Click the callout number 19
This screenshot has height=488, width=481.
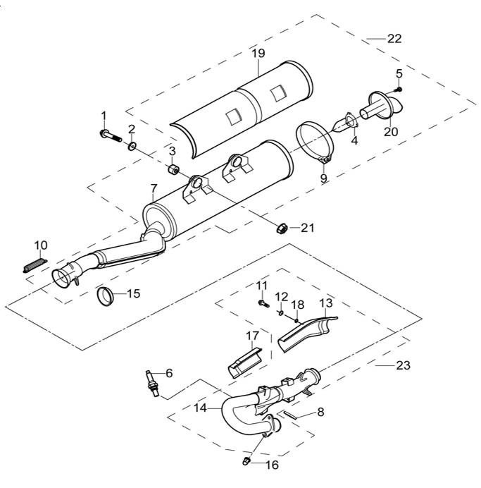(258, 53)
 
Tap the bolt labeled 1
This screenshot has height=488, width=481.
(111, 136)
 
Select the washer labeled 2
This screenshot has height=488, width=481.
(132, 146)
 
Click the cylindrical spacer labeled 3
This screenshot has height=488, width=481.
(173, 170)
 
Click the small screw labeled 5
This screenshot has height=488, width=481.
(398, 90)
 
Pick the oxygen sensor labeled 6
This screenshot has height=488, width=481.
(152, 384)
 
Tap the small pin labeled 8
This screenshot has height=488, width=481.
(289, 415)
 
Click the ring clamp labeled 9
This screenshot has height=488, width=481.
(314, 142)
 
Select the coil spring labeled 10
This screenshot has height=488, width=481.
(35, 265)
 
